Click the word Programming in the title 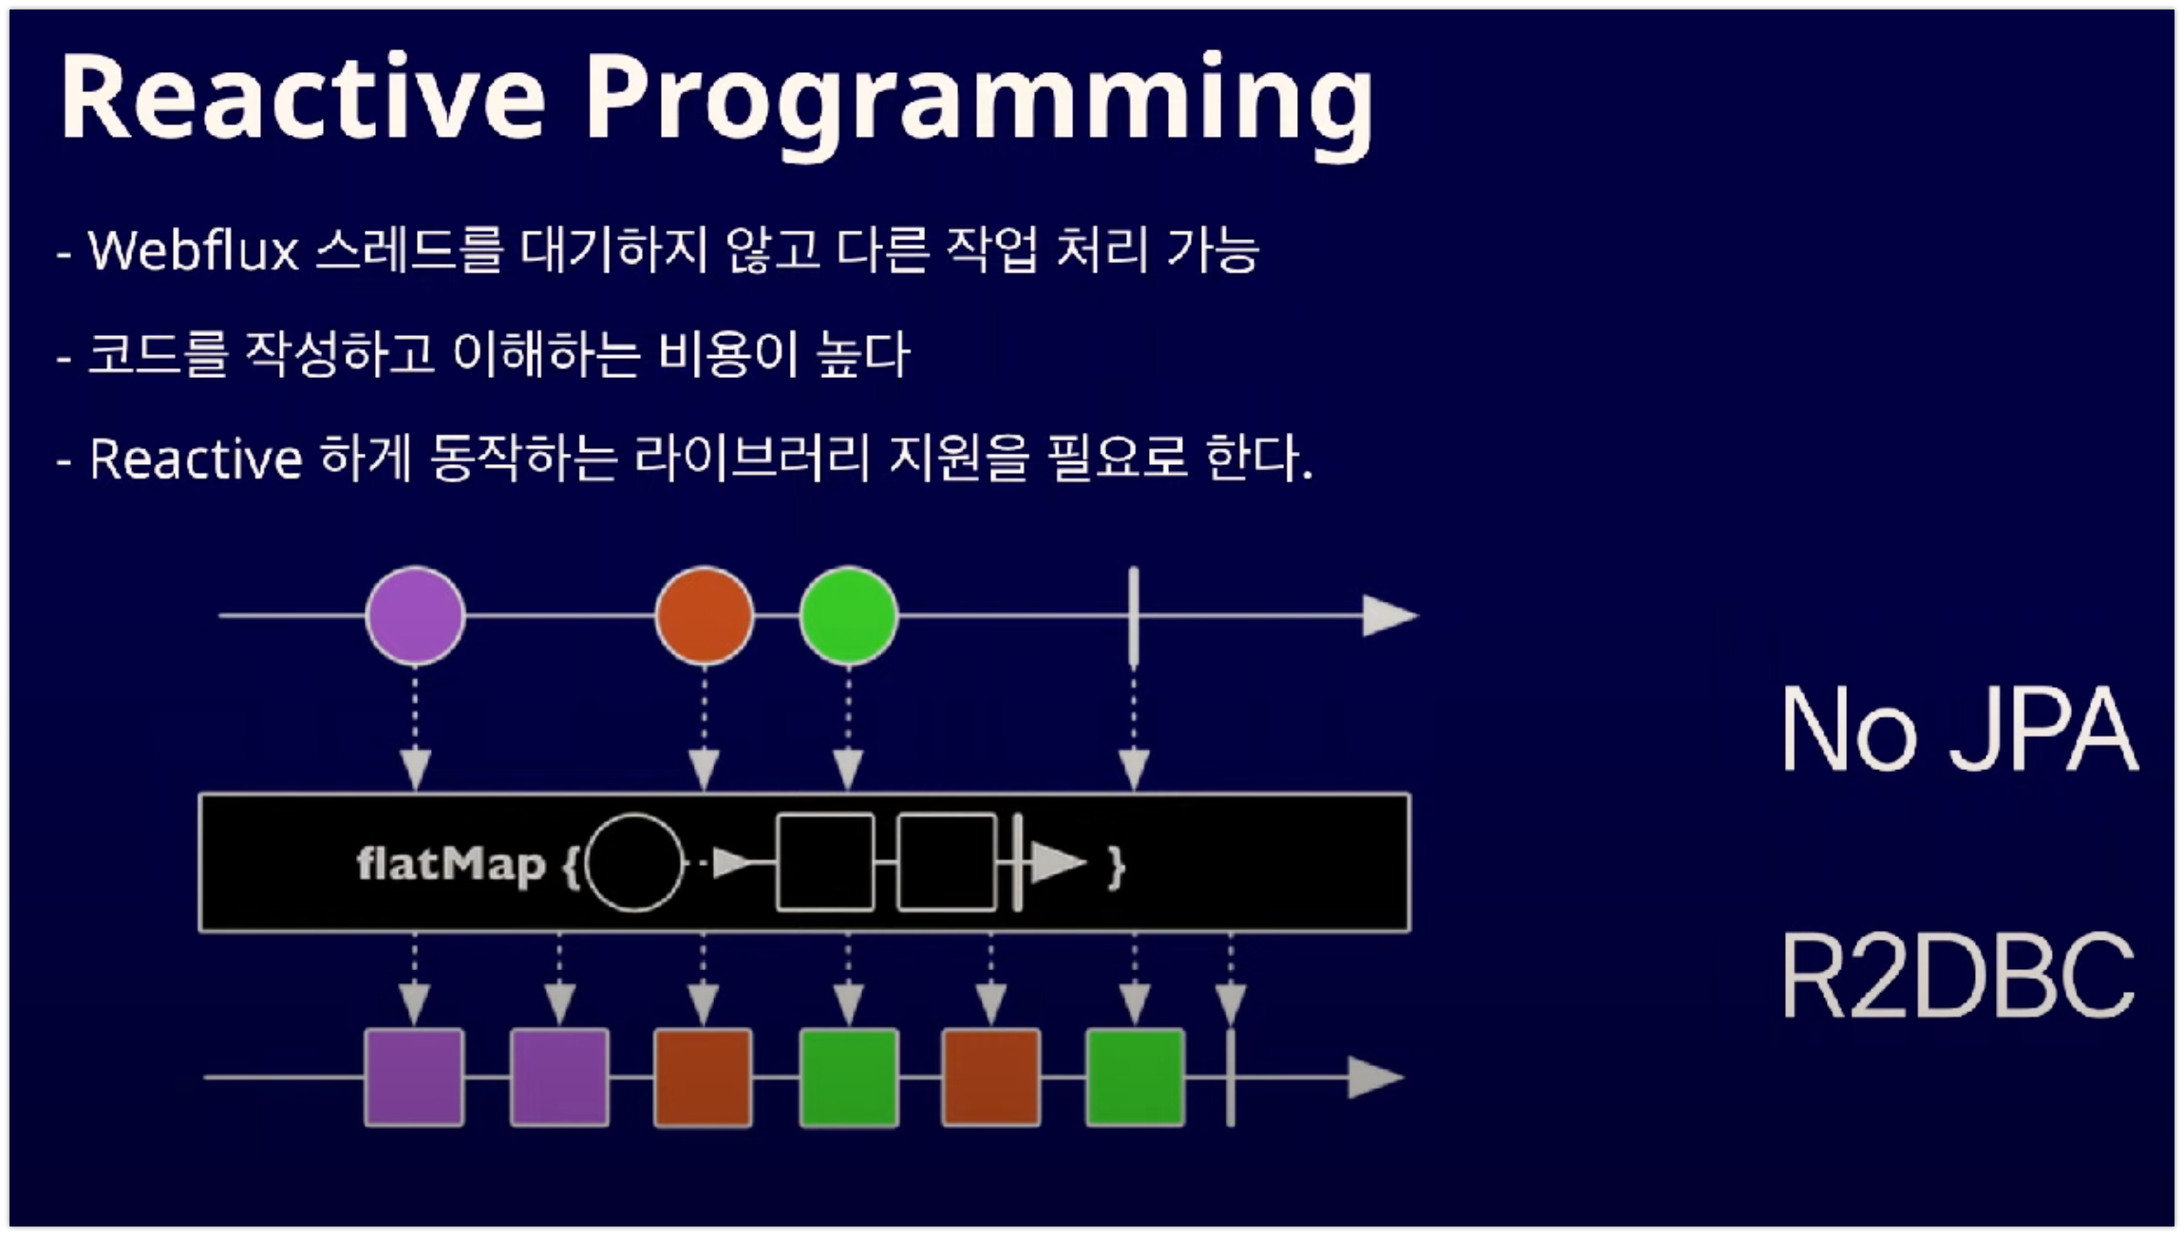point(978,100)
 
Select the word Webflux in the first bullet point(194,252)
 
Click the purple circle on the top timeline point(415,615)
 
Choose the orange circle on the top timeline point(704,615)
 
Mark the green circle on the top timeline point(848,615)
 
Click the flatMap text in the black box point(450,864)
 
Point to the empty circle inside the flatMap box point(634,863)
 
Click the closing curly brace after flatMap point(1117,865)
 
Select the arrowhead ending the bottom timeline point(1374,1077)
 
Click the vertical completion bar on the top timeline point(1133,615)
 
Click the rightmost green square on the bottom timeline point(1135,1077)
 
